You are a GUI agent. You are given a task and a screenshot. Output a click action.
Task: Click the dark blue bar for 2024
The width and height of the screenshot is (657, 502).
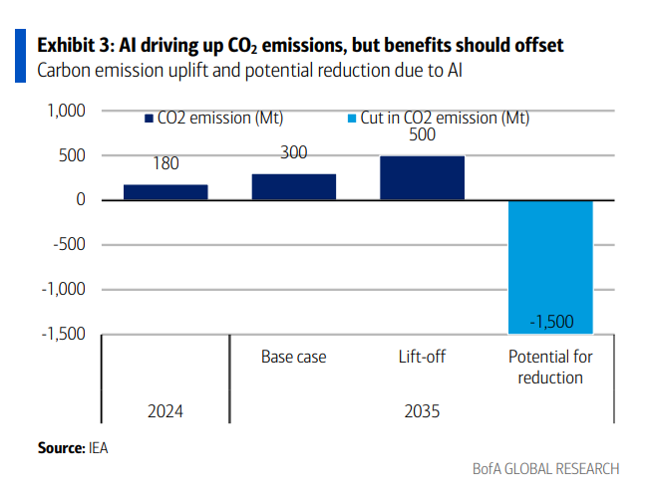click(x=165, y=192)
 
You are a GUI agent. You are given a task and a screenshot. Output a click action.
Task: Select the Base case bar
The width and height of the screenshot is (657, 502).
click(x=293, y=187)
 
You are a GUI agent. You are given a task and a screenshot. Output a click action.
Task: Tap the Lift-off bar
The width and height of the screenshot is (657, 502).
click(x=422, y=178)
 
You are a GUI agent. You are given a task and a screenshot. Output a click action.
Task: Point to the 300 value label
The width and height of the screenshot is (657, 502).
click(x=293, y=152)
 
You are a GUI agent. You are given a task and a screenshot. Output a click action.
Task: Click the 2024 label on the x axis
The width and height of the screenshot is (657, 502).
click(x=165, y=410)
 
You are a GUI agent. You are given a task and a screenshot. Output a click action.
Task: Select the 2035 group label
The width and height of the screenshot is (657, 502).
click(x=422, y=410)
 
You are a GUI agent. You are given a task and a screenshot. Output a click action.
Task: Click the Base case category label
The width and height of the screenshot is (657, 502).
click(x=293, y=357)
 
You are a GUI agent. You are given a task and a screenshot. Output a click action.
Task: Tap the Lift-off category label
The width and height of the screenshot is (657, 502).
click(x=422, y=357)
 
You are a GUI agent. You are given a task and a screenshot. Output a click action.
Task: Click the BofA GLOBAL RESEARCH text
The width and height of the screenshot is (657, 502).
click(x=545, y=469)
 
